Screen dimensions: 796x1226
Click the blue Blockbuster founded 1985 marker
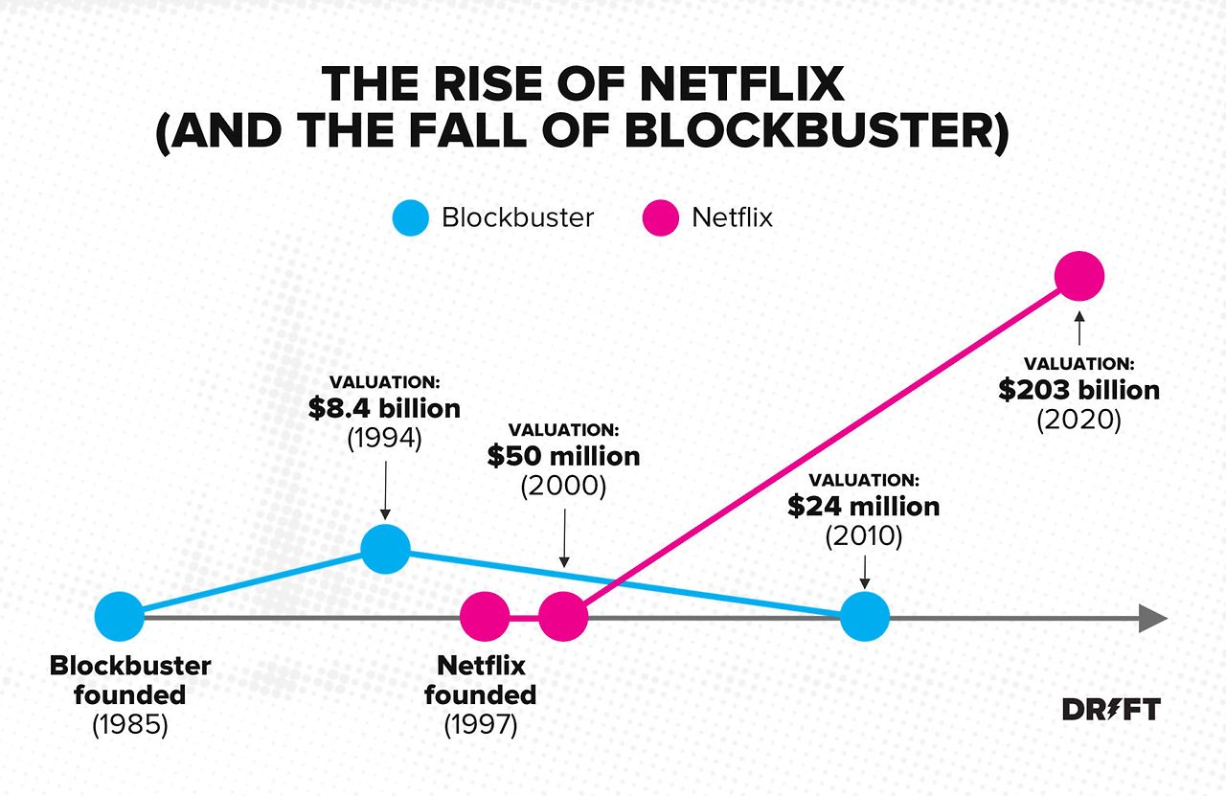click(x=120, y=616)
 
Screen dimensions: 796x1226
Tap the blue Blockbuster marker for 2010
click(x=865, y=616)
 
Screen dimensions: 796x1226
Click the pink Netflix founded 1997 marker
click(x=485, y=616)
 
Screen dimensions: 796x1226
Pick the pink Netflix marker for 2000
click(x=563, y=616)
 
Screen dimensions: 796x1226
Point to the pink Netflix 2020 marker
click(x=1079, y=276)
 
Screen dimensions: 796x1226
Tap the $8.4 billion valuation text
click(x=384, y=409)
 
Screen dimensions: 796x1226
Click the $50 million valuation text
click(x=563, y=456)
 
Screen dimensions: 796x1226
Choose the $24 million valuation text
click(x=864, y=506)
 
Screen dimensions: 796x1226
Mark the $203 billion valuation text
click(x=1079, y=390)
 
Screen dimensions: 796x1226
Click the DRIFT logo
click(x=1111, y=710)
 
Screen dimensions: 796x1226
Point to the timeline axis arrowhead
click(x=1152, y=618)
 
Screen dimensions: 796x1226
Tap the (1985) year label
click(x=130, y=725)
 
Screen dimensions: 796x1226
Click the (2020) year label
click(x=1078, y=421)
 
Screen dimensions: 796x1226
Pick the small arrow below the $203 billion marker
click(x=1079, y=327)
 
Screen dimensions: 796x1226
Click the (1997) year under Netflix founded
click(x=481, y=725)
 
